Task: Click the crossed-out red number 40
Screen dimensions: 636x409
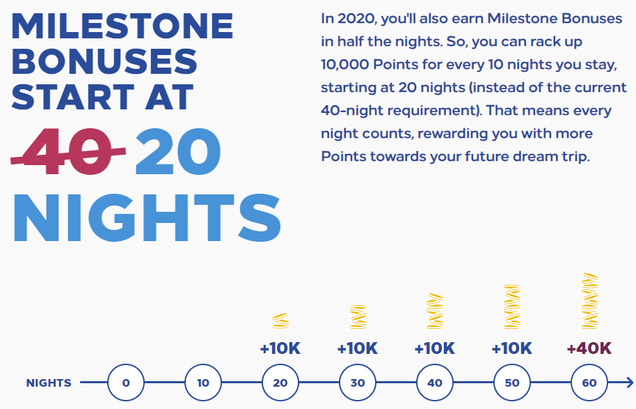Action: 67,151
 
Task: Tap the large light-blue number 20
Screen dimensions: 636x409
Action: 178,151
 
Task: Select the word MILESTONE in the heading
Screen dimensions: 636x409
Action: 122,26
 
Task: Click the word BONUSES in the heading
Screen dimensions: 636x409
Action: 104,62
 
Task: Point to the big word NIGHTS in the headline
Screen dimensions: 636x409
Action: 148,217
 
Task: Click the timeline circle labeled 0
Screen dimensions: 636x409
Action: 126,383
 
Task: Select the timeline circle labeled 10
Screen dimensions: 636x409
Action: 202,383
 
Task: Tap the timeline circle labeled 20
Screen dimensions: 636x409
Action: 280,383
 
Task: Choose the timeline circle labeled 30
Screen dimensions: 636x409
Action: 358,383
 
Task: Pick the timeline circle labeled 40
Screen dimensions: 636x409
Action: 435,383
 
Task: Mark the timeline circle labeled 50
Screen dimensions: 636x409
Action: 512,383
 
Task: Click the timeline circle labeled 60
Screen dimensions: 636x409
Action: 589,383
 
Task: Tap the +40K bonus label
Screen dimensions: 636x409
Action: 589,348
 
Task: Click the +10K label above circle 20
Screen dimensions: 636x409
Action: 280,348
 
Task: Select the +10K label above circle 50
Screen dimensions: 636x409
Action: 512,348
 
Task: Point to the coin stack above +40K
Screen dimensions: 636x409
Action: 590,300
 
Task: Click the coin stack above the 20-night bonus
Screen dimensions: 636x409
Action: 280,321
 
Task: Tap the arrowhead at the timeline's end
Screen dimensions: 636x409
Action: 629,383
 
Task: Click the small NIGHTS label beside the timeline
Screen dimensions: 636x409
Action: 49,383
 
